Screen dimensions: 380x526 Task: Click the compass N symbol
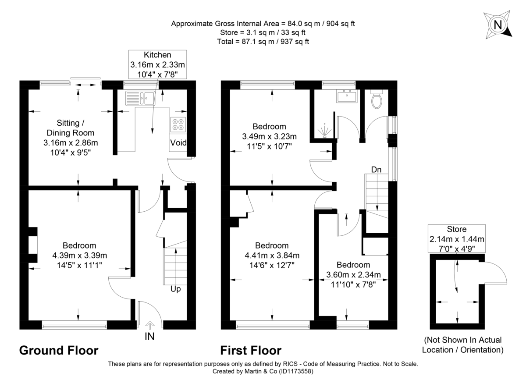coord(498,25)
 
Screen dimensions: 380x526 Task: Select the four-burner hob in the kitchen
coord(178,124)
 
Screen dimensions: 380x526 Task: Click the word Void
coord(178,143)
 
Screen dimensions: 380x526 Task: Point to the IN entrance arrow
coord(149,325)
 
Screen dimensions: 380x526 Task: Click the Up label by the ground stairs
coord(175,289)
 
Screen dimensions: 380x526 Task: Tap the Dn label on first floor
coord(376,169)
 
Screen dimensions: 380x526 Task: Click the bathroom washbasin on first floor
coord(348,96)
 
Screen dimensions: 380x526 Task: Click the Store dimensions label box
coord(457,238)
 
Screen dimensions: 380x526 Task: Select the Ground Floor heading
coord(59,351)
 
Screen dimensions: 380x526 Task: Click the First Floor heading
coord(250,351)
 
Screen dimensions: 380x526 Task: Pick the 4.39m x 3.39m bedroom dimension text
coord(79,256)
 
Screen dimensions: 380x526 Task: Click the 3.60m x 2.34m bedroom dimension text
coord(353,275)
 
